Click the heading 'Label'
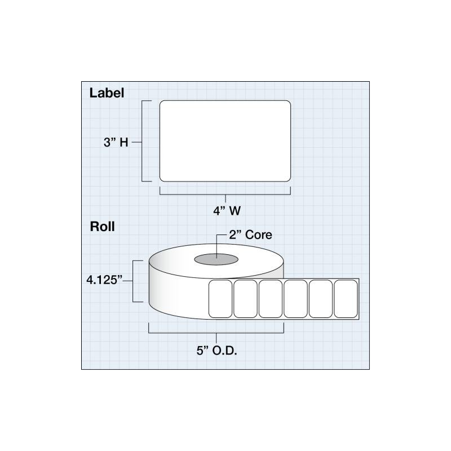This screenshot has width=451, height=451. click(x=107, y=93)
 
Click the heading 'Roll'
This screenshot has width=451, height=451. click(x=103, y=227)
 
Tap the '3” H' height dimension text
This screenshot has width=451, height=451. click(x=116, y=142)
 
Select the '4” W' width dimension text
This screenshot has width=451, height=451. click(x=227, y=211)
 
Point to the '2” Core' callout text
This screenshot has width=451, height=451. click(x=250, y=235)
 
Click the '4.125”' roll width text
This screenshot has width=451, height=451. click(x=104, y=280)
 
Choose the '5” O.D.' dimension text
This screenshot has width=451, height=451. click(x=217, y=351)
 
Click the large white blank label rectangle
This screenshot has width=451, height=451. click(x=225, y=141)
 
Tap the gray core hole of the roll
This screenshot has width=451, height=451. click(x=216, y=259)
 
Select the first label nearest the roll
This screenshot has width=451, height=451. click(x=220, y=299)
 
